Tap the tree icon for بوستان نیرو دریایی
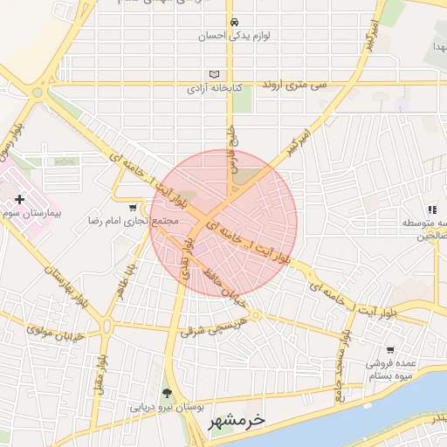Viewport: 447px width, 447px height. (x=168, y=394)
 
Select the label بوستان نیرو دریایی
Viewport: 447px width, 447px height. (x=167, y=407)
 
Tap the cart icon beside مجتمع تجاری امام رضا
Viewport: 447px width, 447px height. (x=132, y=208)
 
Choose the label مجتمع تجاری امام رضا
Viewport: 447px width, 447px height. (x=132, y=221)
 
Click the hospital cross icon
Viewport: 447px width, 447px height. (x=20, y=200)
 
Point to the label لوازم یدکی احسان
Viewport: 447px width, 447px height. (x=232, y=36)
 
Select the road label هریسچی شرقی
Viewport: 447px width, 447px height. (x=215, y=326)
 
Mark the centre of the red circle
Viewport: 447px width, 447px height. (x=223, y=223)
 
